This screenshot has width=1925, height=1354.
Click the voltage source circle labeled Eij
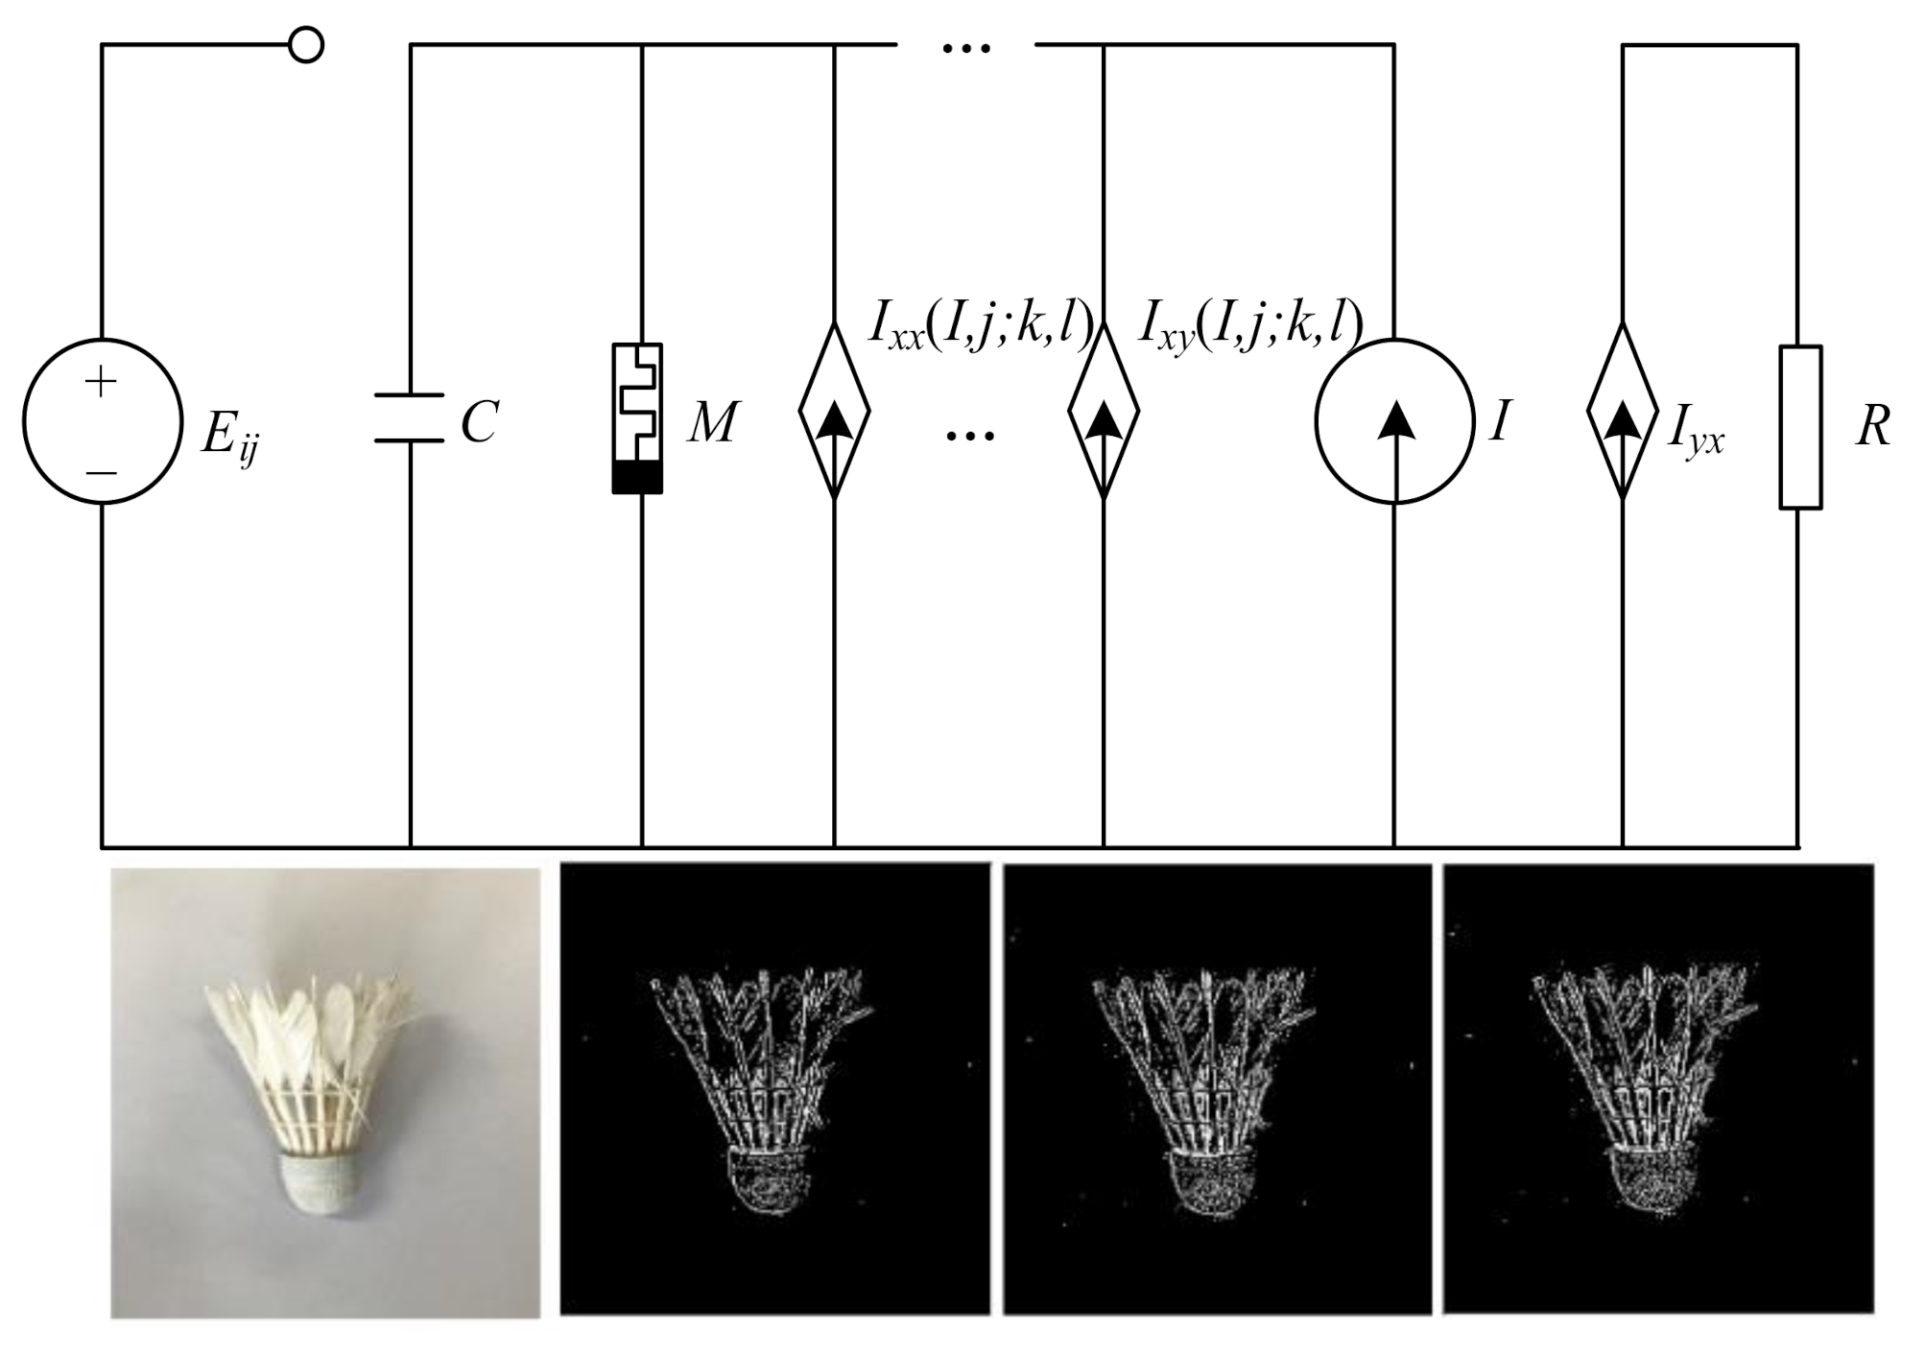tap(103, 421)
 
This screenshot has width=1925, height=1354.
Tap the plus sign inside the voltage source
tap(100, 382)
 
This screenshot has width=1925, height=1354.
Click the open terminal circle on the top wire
tap(306, 45)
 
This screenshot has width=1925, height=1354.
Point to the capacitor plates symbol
tap(410, 417)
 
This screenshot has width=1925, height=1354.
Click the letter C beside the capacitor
tap(479, 422)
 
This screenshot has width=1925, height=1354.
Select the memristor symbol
tap(638, 418)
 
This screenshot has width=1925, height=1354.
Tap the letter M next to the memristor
tap(712, 422)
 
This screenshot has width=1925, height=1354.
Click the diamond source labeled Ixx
tap(835, 411)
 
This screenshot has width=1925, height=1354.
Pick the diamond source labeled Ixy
tap(1104, 411)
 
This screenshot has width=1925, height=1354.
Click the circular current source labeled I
tap(1394, 421)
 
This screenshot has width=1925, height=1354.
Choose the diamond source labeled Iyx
tap(1623, 411)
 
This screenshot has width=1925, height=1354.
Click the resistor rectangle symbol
tap(1801, 427)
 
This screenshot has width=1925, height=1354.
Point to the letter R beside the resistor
tap(1873, 426)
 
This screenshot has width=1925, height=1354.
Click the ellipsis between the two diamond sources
tap(970, 436)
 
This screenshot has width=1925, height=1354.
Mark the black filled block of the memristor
tap(638, 477)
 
